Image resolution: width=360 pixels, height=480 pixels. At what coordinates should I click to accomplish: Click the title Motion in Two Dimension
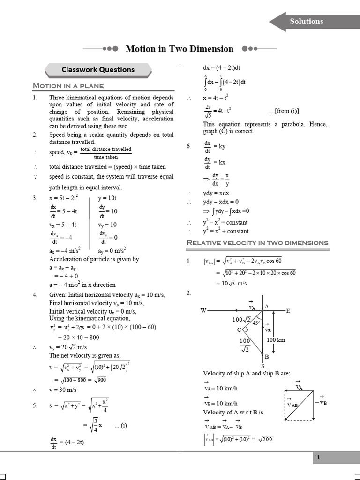pos(180,49)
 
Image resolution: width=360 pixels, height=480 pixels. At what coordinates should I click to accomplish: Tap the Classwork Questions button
pos(98,70)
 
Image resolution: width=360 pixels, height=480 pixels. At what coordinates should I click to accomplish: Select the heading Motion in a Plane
pos(68,86)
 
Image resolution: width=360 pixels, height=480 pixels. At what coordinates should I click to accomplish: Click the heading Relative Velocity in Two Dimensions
pos(257,243)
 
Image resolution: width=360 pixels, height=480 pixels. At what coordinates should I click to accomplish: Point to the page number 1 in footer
pos(318,458)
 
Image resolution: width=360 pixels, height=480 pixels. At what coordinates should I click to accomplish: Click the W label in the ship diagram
pos(203,310)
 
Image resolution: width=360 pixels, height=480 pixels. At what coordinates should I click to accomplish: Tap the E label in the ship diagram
pos(288,311)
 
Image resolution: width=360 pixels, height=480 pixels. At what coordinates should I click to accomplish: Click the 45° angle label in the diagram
pos(256,322)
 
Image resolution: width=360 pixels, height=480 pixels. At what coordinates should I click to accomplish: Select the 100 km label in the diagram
pos(276,340)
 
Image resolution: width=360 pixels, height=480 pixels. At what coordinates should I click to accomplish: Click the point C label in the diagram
pos(239,330)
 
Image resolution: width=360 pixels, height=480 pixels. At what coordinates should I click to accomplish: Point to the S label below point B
pos(262,366)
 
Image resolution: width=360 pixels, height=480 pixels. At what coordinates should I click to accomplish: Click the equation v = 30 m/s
pos(63,390)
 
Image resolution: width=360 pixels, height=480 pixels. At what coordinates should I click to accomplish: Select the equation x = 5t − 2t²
pos(64,198)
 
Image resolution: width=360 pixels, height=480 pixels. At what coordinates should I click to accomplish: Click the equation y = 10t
pos(107,198)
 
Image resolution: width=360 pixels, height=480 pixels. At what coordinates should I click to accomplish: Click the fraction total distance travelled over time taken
pos(106,153)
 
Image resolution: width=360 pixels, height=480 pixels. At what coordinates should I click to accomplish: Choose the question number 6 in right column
pos(189,146)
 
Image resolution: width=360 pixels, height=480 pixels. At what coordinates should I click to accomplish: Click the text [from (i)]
pos(284,111)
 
